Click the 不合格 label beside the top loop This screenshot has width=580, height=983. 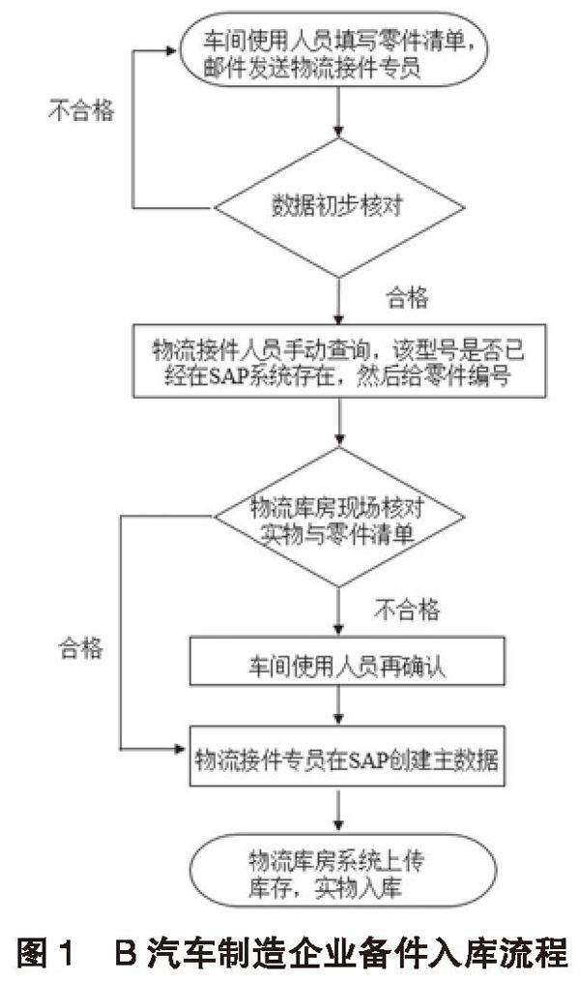click(x=80, y=110)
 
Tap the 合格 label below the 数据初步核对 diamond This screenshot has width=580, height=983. click(x=406, y=297)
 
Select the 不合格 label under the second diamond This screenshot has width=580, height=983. click(x=406, y=611)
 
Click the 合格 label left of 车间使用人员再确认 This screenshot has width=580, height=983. click(x=80, y=648)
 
